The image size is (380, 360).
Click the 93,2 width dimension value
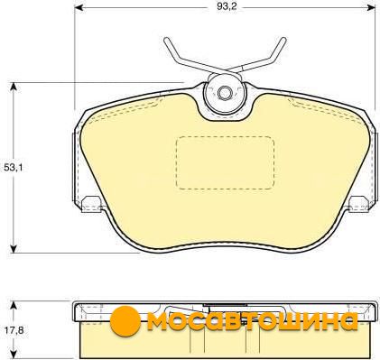coord(227,6)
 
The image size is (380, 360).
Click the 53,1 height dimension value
coord(14,168)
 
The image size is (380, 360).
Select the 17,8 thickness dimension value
coord(14,330)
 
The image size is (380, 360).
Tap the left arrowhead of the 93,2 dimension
coord(79,7)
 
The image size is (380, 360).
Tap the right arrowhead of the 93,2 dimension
coord(371,7)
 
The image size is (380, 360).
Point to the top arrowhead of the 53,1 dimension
coord(13,87)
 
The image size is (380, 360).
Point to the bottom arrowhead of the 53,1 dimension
coord(13,248)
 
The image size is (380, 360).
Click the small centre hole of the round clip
coord(224,93)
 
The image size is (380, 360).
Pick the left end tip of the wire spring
coord(166,40)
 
